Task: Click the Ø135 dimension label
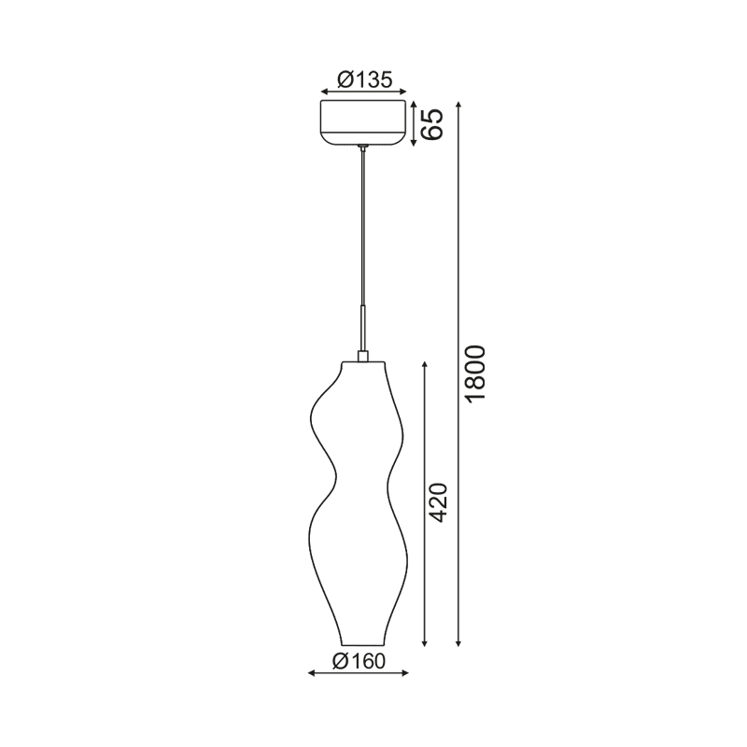point(363,80)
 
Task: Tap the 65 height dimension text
point(430,123)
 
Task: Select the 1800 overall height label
point(475,374)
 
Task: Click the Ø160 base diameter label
point(359,661)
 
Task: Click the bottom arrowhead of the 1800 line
point(458,643)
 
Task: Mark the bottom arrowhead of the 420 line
point(426,643)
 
